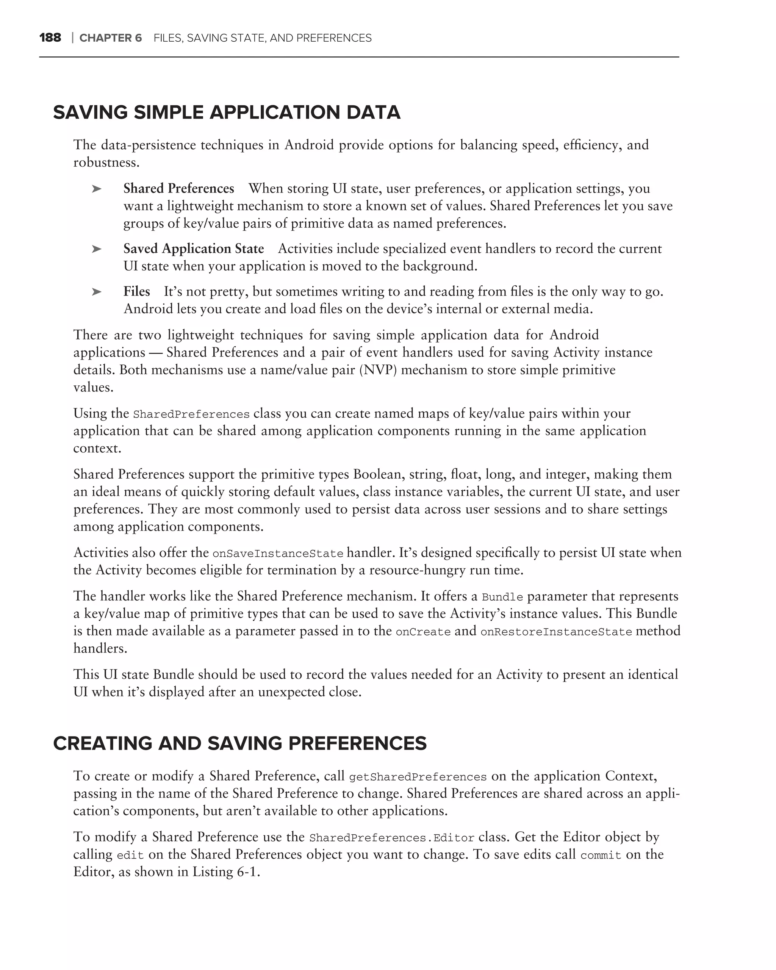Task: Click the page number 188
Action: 50,38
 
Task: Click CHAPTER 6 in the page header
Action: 110,38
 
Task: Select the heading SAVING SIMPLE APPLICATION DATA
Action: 226,113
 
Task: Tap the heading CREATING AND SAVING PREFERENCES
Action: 239,744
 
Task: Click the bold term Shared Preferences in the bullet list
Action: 178,189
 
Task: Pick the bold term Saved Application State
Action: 194,249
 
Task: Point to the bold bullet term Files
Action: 136,291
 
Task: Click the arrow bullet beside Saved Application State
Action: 96,249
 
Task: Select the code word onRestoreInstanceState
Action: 556,632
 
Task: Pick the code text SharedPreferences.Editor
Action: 391,838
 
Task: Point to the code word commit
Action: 601,855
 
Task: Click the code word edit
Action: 130,855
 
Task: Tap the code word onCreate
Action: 423,632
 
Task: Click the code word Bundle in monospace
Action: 502,597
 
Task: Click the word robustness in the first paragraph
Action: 106,163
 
